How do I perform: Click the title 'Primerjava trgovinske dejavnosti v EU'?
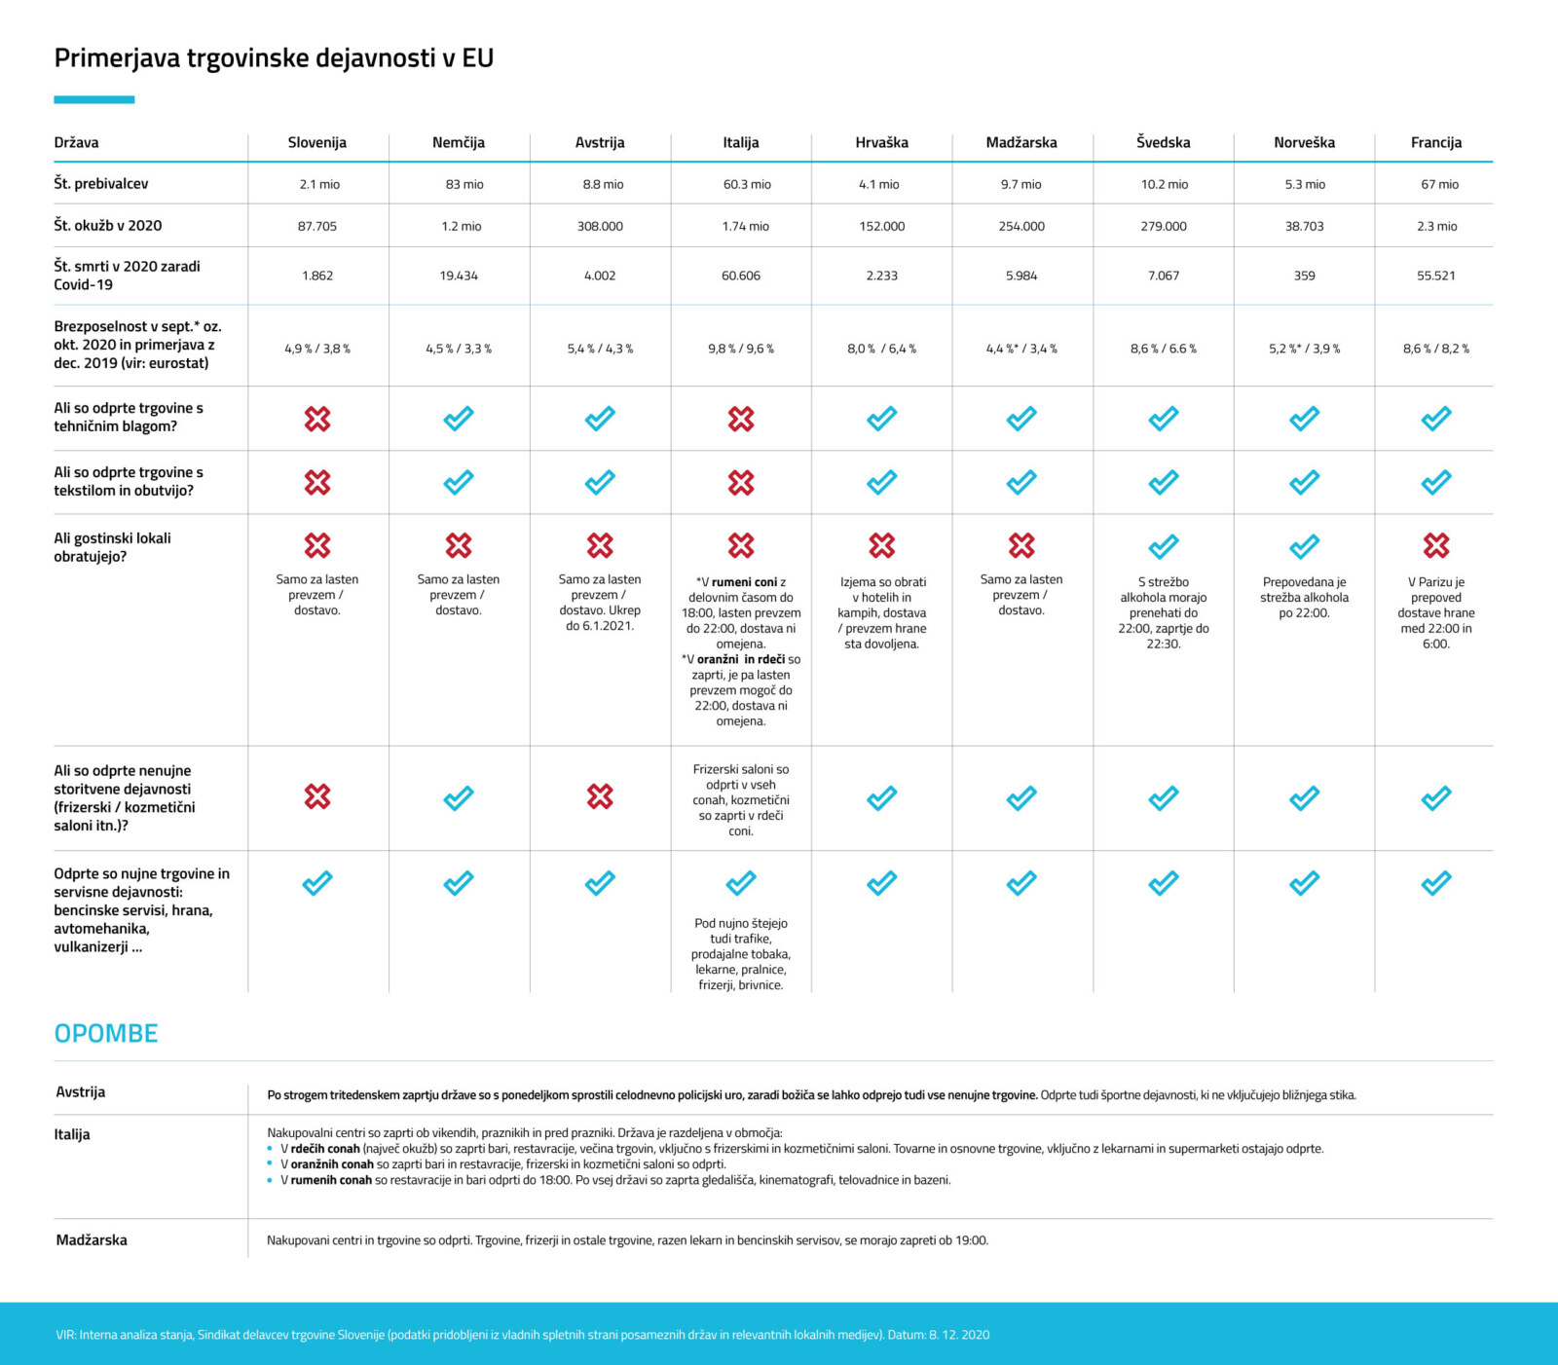(274, 58)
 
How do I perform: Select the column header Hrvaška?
(881, 142)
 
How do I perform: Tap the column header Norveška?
(1304, 142)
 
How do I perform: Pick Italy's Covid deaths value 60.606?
(741, 276)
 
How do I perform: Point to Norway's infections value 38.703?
(1304, 226)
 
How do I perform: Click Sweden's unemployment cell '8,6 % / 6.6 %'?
(1164, 349)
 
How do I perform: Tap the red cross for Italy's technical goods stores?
(741, 419)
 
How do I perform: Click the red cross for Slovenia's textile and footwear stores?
(317, 482)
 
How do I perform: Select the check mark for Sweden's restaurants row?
(1164, 546)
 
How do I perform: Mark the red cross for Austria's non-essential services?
(600, 796)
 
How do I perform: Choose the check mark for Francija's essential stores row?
(1436, 883)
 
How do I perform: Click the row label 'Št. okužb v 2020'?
(108, 226)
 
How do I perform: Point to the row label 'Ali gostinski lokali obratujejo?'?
(112, 547)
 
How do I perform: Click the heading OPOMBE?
(106, 1033)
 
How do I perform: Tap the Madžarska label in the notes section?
(92, 1240)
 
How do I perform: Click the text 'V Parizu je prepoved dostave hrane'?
(1436, 597)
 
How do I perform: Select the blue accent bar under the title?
(94, 99)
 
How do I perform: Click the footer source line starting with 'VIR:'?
(523, 1335)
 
